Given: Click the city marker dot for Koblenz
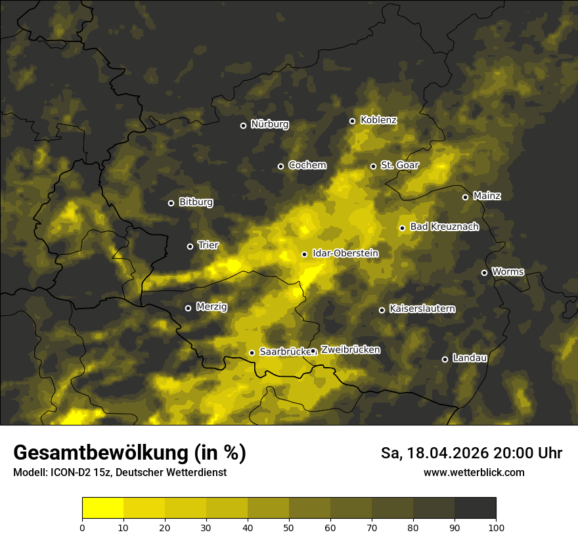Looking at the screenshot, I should [x=352, y=121].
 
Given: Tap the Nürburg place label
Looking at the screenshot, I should [x=269, y=124].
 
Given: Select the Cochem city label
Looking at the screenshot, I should [x=307, y=165].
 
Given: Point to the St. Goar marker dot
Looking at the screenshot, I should [x=373, y=166].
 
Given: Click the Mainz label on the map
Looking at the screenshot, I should [x=487, y=196].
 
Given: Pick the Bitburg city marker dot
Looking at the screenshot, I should [x=171, y=203].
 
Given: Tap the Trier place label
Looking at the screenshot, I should [x=208, y=245].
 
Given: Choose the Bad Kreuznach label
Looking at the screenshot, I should [x=444, y=227].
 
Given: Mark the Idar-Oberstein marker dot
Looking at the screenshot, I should [x=304, y=254].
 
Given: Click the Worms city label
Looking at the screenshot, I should [x=508, y=272].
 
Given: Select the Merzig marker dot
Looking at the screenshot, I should [x=188, y=308].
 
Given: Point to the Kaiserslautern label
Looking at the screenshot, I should [x=422, y=309].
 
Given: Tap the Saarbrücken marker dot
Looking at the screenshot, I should [x=252, y=353].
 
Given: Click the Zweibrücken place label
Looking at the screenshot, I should [x=350, y=350].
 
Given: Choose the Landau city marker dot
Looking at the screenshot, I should [x=445, y=359].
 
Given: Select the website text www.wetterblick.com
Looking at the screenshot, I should [x=474, y=472].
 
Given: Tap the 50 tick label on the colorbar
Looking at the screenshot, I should [x=289, y=527].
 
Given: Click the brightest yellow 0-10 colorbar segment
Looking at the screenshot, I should [x=103, y=508].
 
